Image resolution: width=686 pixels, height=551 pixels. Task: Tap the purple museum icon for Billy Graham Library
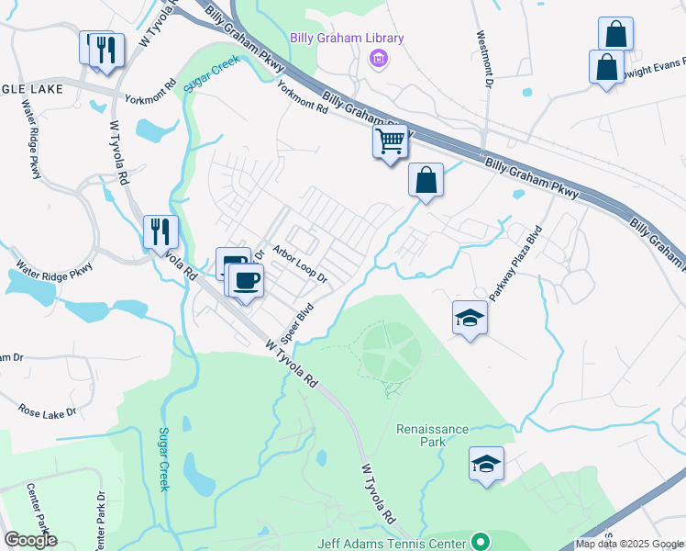[x=376, y=60]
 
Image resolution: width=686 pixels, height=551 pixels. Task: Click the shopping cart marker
[x=390, y=142]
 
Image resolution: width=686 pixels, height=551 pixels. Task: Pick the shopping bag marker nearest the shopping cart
[x=426, y=180]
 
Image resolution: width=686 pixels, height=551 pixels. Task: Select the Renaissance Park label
[x=433, y=435]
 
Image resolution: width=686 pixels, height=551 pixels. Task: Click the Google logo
[x=30, y=540]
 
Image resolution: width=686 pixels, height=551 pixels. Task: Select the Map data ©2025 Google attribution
[x=629, y=544]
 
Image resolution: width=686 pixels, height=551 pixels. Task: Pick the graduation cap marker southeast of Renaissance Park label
[x=486, y=465]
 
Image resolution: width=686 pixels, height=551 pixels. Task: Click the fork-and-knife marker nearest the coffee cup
[x=161, y=231]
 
